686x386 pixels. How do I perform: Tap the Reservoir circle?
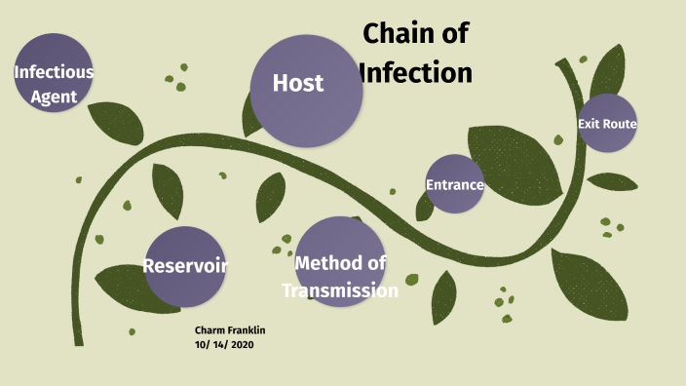tap(185, 265)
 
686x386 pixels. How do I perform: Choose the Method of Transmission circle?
tap(339, 261)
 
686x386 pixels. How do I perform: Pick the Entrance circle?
tap(455, 184)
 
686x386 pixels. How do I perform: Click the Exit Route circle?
tap(607, 123)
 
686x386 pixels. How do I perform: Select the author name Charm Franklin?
tap(230, 330)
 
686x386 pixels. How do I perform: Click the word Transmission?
tap(340, 290)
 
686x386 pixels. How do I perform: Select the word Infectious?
tap(54, 71)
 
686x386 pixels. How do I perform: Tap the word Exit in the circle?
tap(588, 124)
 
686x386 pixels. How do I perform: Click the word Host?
tap(298, 83)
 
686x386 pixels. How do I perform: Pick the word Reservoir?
tap(185, 266)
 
